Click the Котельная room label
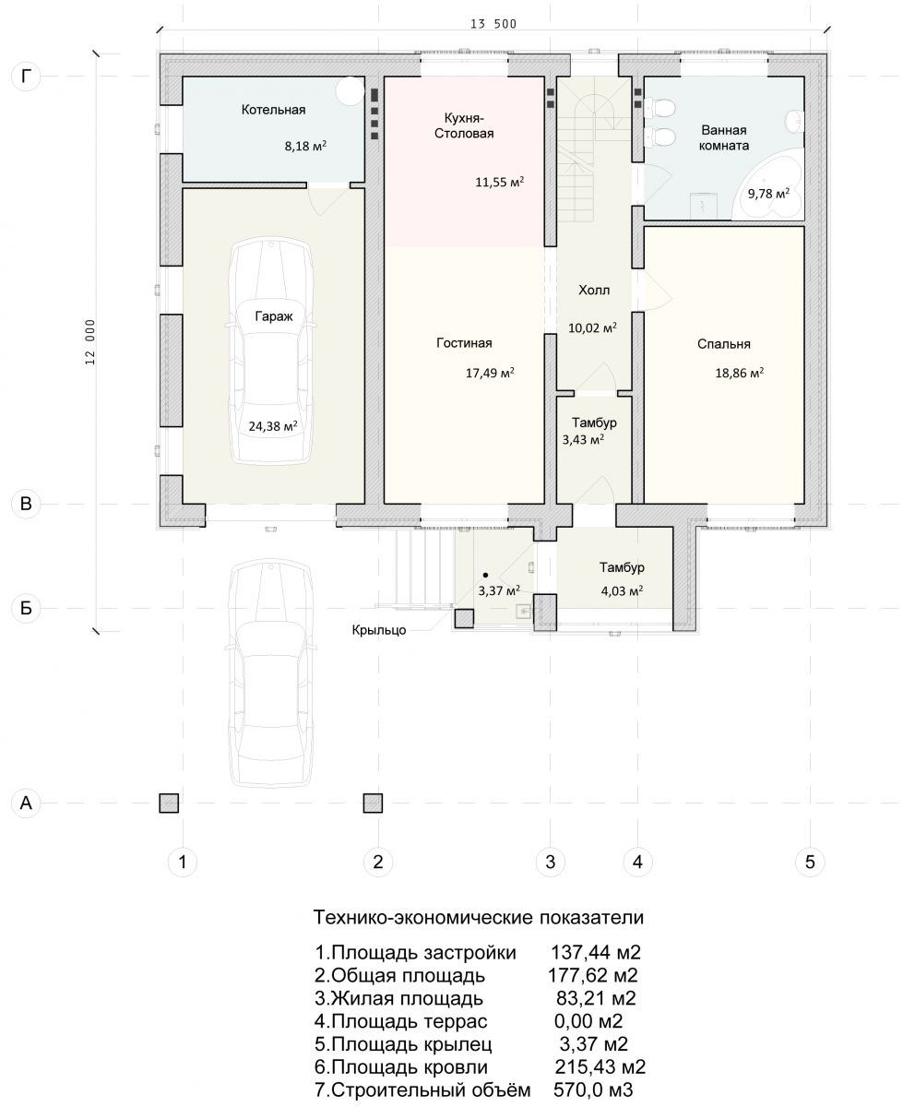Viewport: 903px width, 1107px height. pyautogui.click(x=273, y=110)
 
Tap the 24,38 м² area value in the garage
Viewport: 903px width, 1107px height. pyautogui.click(x=273, y=425)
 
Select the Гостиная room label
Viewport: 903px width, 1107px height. pyautogui.click(x=464, y=343)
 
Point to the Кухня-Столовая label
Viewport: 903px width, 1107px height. pyautogui.click(x=464, y=125)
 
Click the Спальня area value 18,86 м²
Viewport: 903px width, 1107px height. pyautogui.click(x=739, y=373)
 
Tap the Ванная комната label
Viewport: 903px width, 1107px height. pyautogui.click(x=723, y=137)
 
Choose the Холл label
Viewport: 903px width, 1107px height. pyautogui.click(x=594, y=290)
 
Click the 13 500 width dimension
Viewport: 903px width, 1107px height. pyautogui.click(x=493, y=24)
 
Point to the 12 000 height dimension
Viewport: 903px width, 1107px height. pyautogui.click(x=90, y=341)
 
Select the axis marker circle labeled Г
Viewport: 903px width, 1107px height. pyautogui.click(x=26, y=77)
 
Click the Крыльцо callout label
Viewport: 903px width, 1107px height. pyautogui.click(x=379, y=630)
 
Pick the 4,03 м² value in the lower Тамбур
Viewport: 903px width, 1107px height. pyautogui.click(x=622, y=591)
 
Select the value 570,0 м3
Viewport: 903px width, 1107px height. pyautogui.click(x=593, y=1089)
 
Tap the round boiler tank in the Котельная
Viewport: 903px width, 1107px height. pyautogui.click(x=350, y=90)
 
